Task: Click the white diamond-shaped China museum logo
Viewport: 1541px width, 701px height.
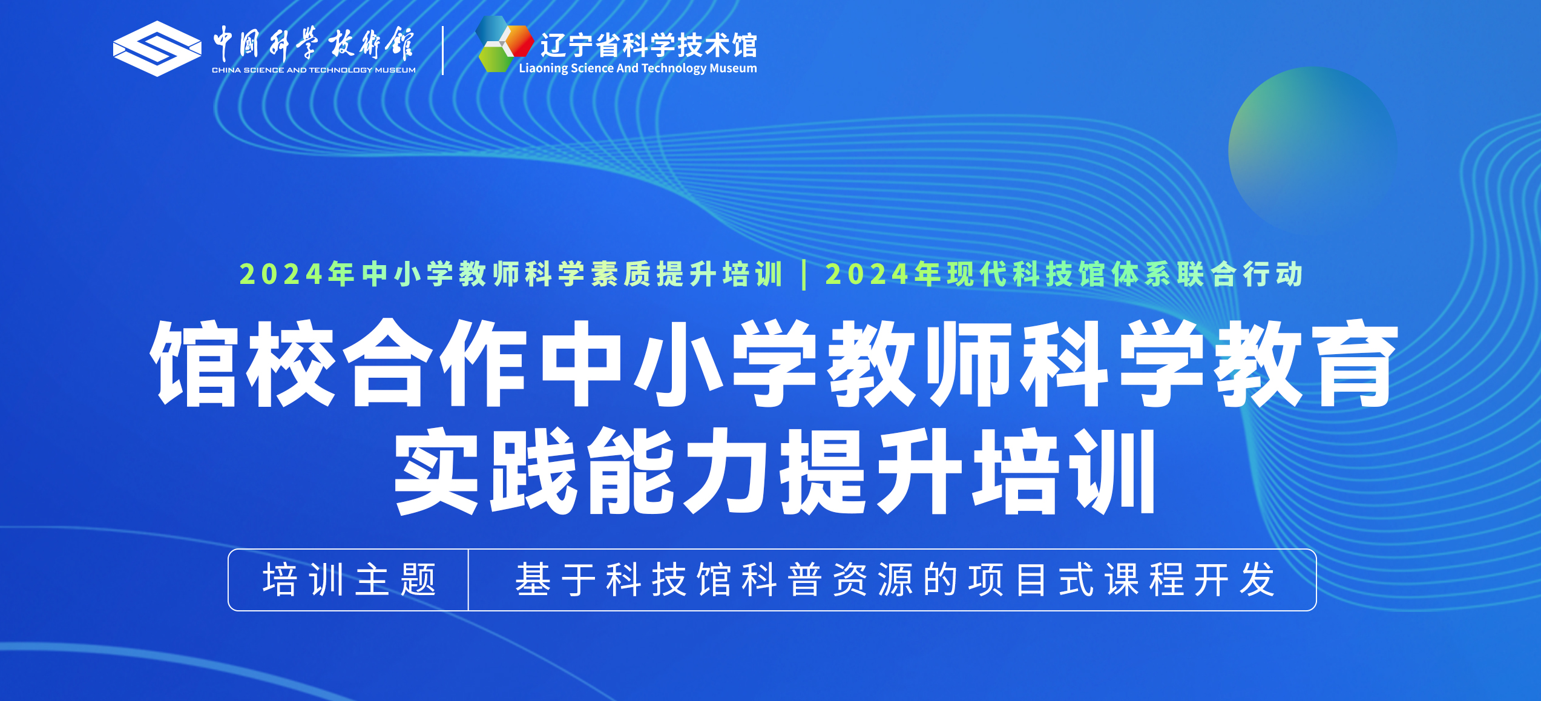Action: coord(157,48)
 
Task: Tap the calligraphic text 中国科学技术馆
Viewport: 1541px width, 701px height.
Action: coord(314,44)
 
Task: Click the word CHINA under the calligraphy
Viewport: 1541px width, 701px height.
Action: coord(226,70)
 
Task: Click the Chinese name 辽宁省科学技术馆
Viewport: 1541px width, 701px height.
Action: coord(649,45)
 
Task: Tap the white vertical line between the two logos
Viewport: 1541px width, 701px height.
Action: coord(443,50)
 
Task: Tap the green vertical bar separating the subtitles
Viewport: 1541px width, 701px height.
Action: coord(804,275)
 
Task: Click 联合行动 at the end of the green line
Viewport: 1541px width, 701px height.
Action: coord(1240,274)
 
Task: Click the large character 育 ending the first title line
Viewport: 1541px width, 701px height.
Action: coord(1357,363)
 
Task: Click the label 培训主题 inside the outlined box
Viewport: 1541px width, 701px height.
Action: coord(349,579)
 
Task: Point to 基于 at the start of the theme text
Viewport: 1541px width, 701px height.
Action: coord(555,579)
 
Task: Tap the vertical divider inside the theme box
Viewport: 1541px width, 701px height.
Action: coord(468,580)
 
